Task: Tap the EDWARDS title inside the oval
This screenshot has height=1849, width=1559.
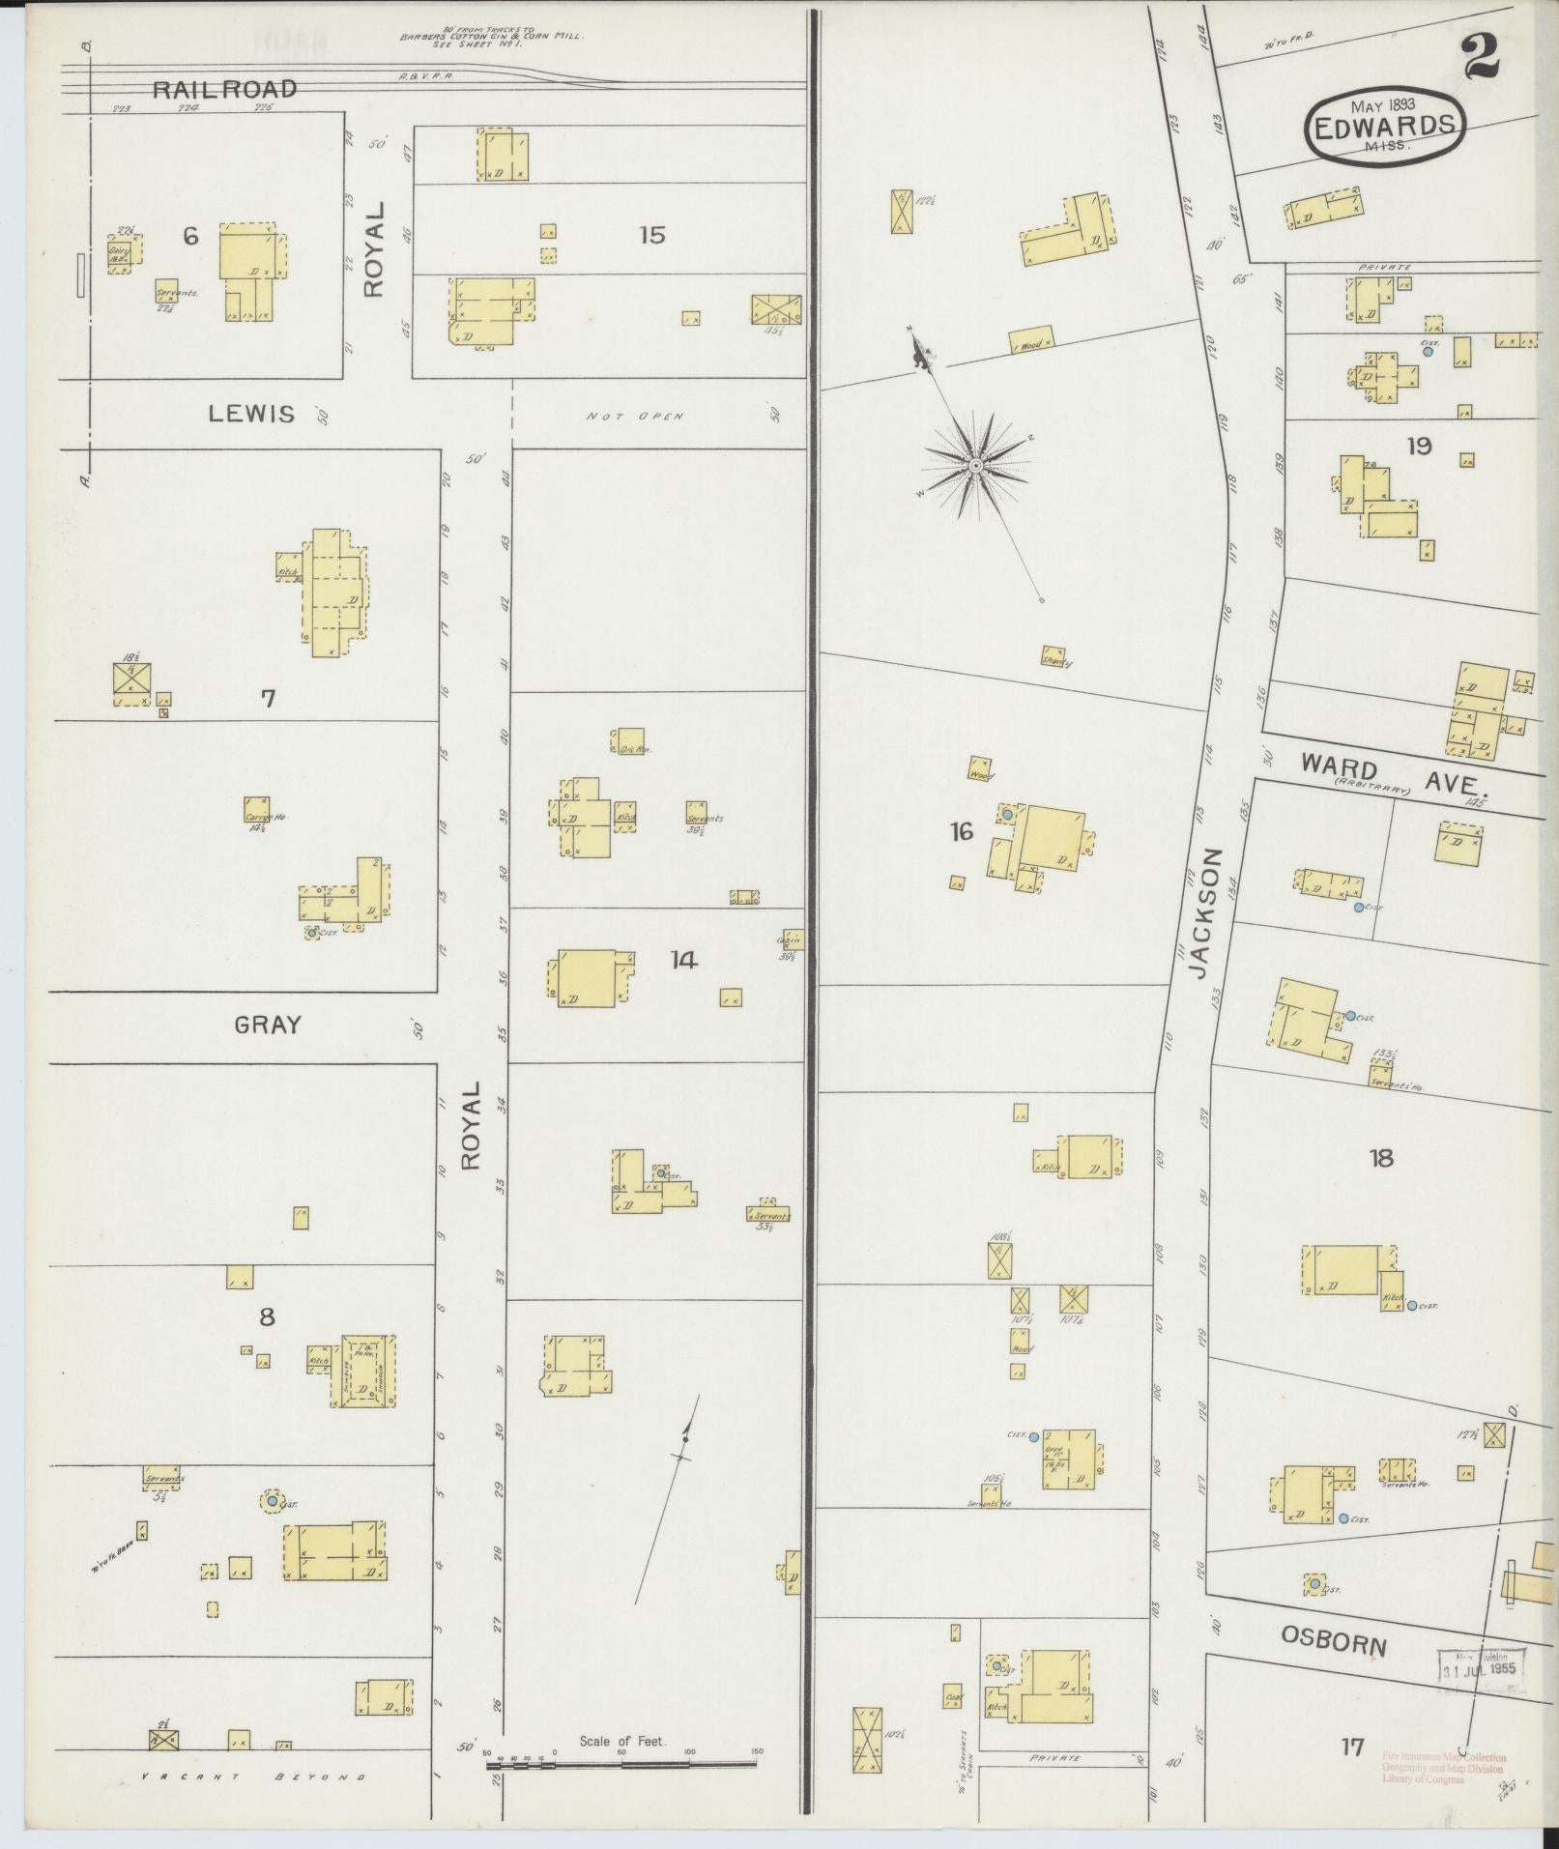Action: [1384, 125]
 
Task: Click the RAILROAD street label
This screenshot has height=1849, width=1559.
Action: [224, 89]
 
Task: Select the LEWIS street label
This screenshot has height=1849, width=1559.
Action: [251, 414]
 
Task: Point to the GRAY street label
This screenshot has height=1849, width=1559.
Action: [268, 1025]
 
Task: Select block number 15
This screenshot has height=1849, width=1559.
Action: [651, 234]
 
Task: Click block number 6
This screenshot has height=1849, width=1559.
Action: [190, 235]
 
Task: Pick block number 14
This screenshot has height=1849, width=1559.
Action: [683, 960]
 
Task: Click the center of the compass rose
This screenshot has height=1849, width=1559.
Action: [975, 467]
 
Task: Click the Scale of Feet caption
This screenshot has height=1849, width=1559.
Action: [622, 1741]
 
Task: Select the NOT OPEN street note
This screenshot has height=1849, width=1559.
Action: [634, 417]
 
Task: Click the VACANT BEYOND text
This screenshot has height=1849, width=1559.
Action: [253, 1777]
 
